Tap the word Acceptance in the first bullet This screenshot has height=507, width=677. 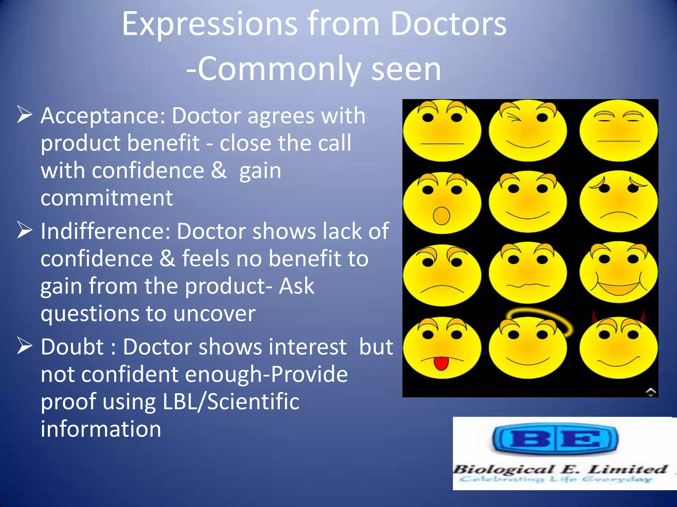(x=102, y=116)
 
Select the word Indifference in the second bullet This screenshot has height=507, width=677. (x=105, y=231)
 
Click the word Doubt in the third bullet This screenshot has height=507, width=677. (x=72, y=347)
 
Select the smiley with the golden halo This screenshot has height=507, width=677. (x=528, y=347)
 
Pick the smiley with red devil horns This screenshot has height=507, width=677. (x=618, y=347)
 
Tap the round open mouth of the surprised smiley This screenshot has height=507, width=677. (x=441, y=216)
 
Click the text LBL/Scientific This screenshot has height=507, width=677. (x=231, y=402)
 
